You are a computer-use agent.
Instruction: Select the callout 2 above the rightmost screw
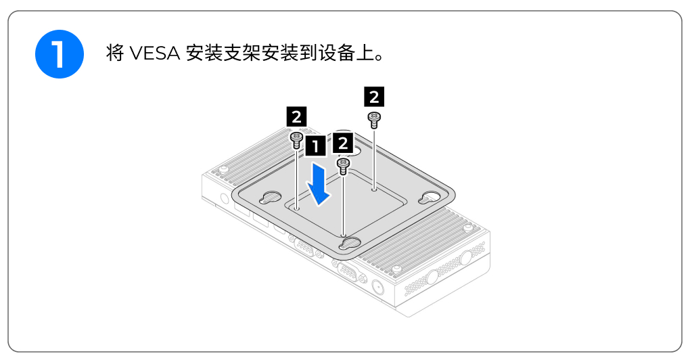tap(374, 97)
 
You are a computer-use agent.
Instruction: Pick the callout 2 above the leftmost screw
tap(296, 116)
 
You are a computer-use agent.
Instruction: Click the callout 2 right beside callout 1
tap(342, 144)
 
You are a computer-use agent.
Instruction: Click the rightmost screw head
tap(373, 119)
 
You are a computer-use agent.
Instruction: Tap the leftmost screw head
tap(296, 139)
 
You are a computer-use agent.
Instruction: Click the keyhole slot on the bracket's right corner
tap(430, 198)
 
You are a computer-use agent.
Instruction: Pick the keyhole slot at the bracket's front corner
tap(350, 243)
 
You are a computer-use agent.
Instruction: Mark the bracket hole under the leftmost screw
tap(296, 208)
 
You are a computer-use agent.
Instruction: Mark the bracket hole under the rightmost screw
tap(374, 191)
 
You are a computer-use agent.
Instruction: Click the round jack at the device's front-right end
tap(377, 287)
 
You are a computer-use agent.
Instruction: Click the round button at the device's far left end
tap(224, 199)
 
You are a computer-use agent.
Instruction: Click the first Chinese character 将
tap(114, 53)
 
